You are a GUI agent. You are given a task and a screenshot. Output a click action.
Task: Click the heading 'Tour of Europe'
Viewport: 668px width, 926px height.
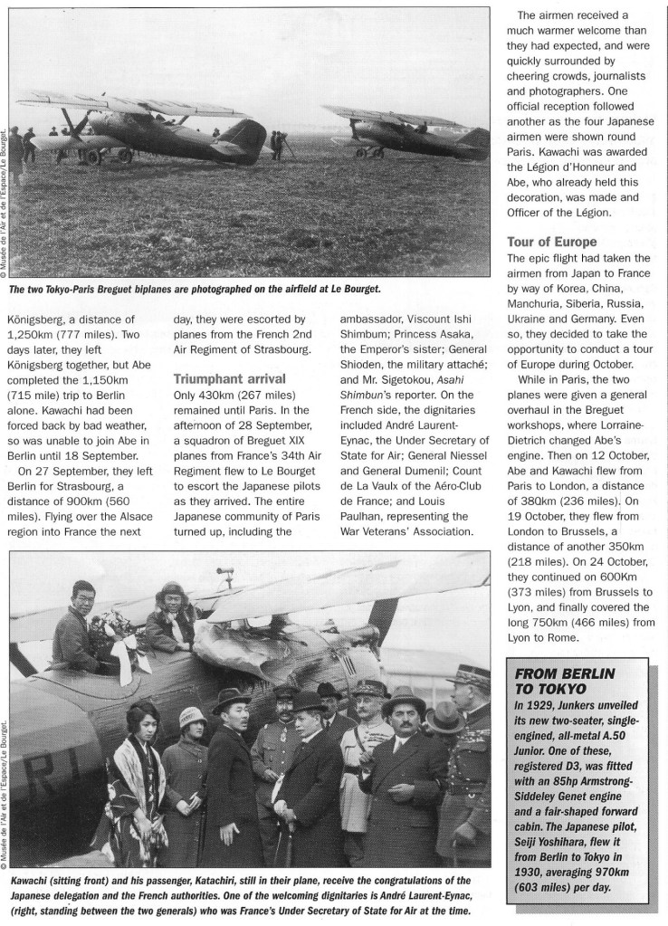551,243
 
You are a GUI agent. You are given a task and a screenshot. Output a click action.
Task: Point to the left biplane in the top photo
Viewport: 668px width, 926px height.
149,127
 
